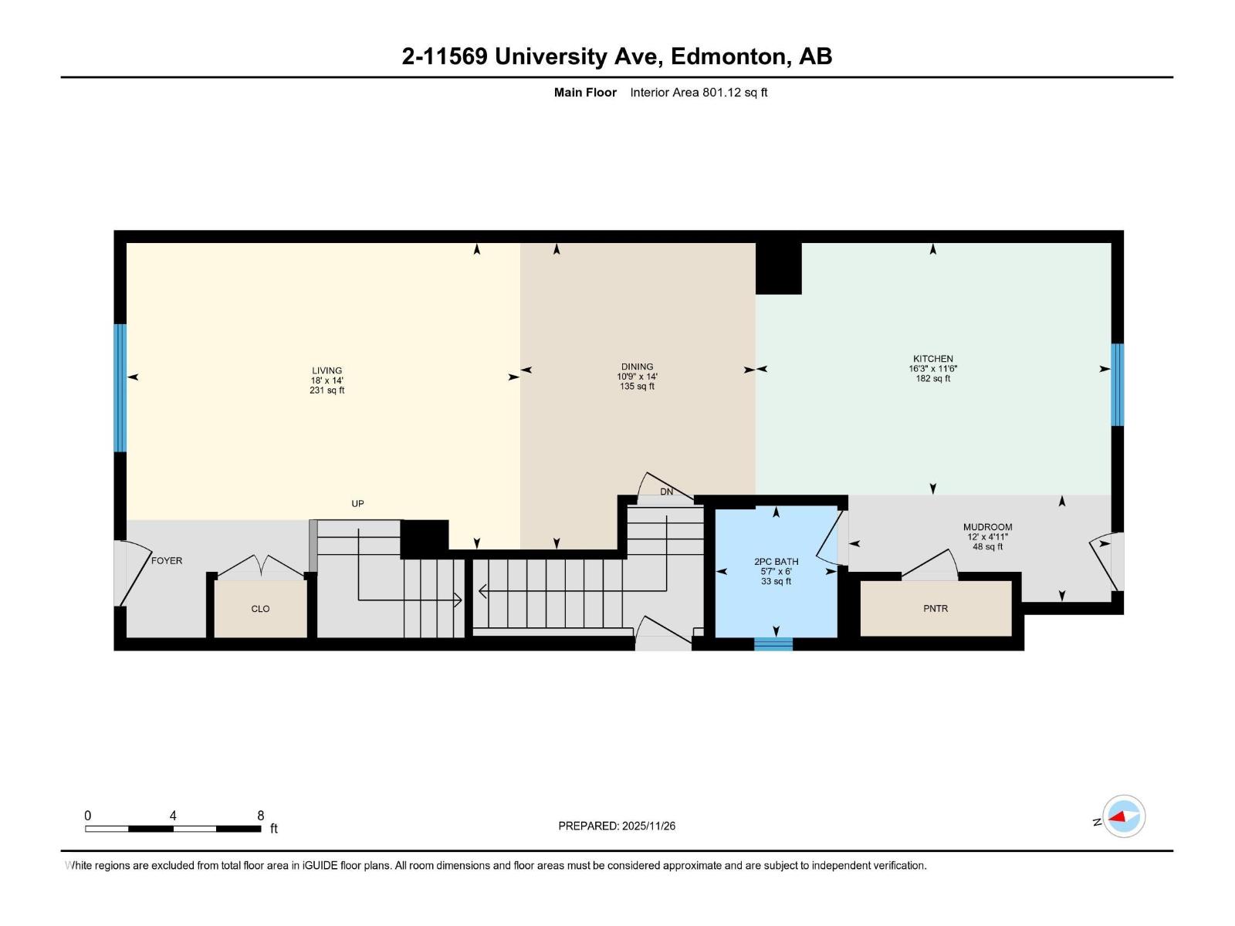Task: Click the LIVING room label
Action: pos(327,370)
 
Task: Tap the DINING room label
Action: pos(637,367)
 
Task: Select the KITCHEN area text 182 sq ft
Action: pos(932,379)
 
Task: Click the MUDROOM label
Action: pos(987,527)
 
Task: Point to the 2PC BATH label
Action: pos(776,562)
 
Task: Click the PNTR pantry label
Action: pos(935,608)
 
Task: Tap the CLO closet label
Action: pos(260,609)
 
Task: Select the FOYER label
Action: pos(167,561)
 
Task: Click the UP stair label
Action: pos(357,504)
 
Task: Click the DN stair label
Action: pos(666,492)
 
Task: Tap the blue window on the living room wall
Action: pos(120,387)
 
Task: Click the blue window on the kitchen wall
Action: pos(1117,384)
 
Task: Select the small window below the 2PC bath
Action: pos(773,644)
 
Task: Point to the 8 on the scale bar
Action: pos(261,816)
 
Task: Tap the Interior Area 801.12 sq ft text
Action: pos(699,93)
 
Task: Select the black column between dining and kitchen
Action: pos(778,268)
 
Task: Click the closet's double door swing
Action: pos(261,566)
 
